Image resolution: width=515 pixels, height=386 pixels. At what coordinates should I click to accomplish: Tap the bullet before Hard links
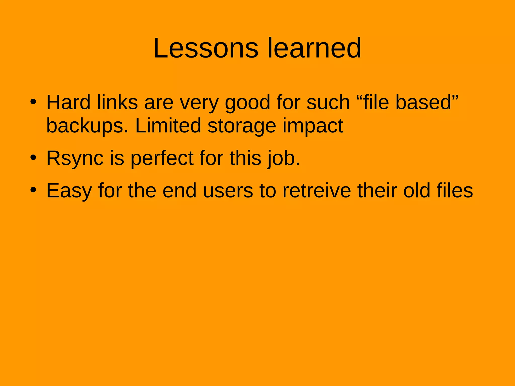33,102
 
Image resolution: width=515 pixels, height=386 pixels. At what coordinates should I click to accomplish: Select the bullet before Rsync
33,158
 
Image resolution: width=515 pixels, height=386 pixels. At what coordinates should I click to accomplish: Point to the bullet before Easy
33,190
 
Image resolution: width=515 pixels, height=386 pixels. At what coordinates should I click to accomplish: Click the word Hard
68,102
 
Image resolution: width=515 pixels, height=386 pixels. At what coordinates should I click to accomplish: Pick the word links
117,102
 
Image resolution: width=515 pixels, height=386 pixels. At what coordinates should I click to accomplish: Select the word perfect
162,158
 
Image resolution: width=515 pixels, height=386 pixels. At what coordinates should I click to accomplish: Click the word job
283,158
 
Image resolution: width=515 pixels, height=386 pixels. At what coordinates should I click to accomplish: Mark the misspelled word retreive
317,190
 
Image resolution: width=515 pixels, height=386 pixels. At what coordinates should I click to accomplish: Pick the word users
228,190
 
